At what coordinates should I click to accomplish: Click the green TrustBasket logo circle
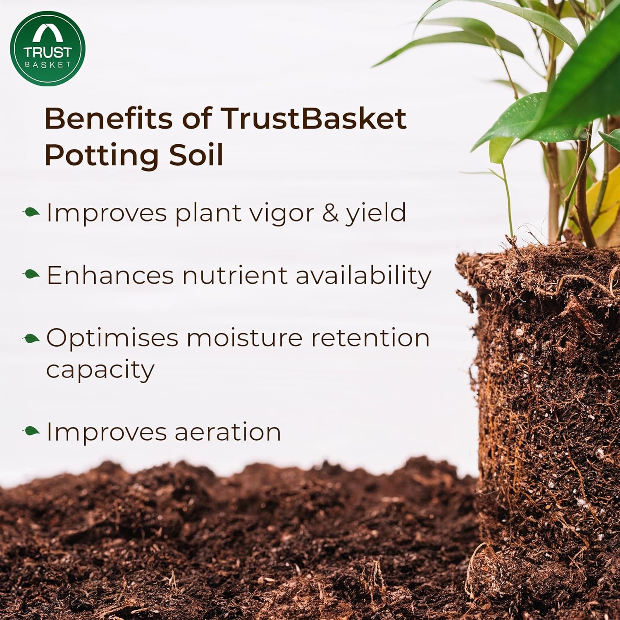click(48, 48)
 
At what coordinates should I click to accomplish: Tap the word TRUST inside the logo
click(48, 52)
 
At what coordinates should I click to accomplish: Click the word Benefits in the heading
click(108, 119)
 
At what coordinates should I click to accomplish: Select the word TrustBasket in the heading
click(313, 119)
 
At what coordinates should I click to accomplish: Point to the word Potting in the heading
click(101, 155)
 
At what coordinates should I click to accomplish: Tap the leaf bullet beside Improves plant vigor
click(31, 213)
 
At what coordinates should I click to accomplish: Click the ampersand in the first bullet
click(330, 213)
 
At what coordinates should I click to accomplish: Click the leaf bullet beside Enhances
click(31, 274)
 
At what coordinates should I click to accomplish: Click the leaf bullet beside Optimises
click(31, 339)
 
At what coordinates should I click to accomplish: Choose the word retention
click(370, 338)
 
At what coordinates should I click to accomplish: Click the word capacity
click(100, 370)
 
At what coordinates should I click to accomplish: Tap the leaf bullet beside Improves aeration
click(31, 431)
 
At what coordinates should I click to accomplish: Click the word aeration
click(228, 432)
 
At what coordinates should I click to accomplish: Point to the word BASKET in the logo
click(48, 64)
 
